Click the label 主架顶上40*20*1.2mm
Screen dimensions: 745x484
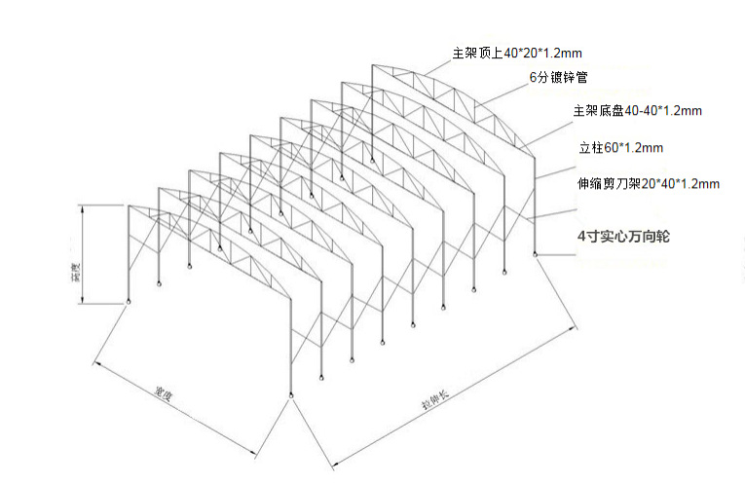(x=517, y=53)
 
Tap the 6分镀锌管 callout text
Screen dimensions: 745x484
(x=557, y=76)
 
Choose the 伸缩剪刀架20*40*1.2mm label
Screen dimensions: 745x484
(x=648, y=182)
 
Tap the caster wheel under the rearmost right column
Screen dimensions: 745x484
(x=535, y=255)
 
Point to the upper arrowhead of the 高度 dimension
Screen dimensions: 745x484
(x=83, y=207)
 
